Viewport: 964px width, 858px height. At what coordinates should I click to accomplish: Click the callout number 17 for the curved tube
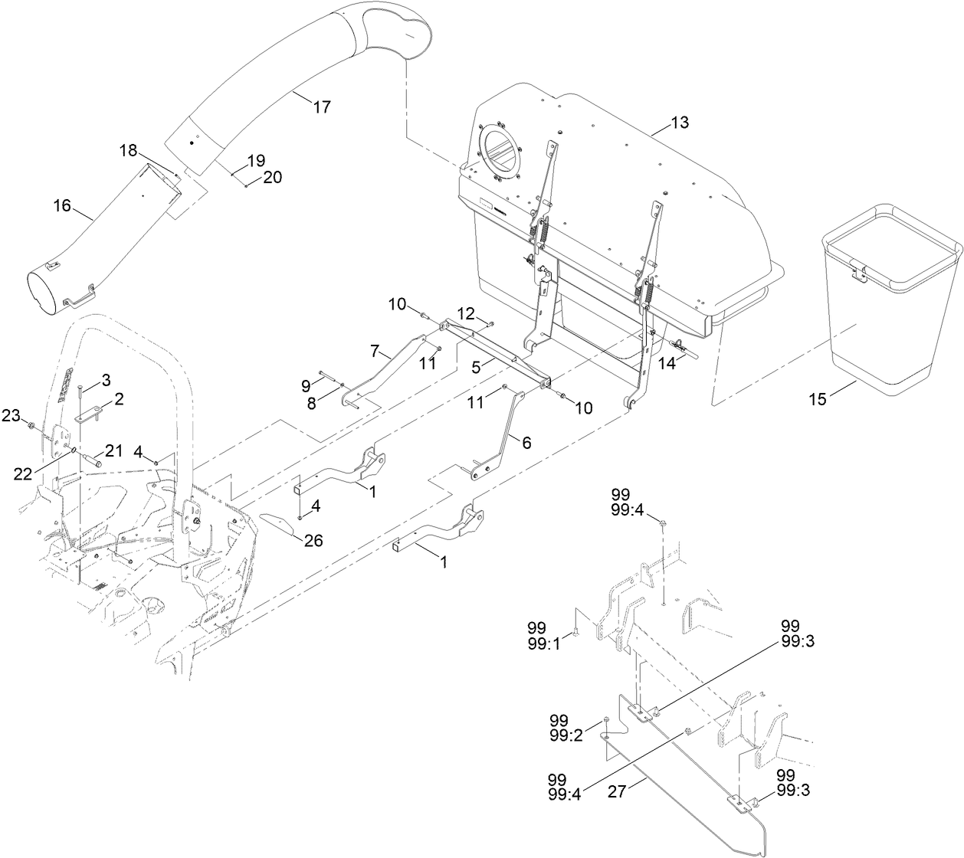(322, 107)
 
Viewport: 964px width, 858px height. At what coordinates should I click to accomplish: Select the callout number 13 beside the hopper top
(679, 123)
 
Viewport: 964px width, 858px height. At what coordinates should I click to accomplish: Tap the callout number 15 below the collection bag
(818, 399)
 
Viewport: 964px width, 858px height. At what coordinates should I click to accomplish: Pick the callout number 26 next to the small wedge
(313, 541)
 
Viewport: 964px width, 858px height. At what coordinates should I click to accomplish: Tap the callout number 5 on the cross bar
(476, 368)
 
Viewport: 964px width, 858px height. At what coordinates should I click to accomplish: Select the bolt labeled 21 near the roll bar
(97, 462)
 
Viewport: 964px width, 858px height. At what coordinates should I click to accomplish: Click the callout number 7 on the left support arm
(375, 352)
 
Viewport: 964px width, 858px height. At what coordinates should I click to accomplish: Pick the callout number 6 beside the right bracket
(526, 442)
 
